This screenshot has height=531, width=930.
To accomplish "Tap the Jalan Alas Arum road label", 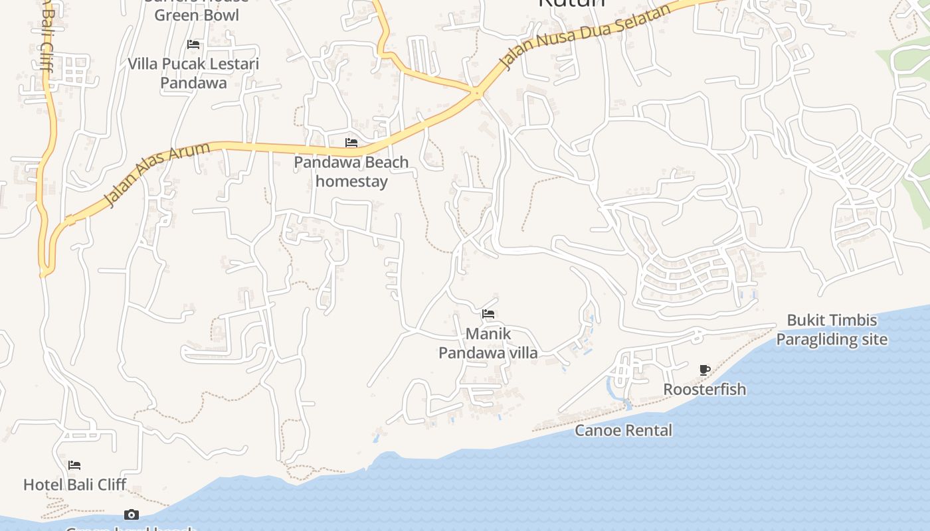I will point(157,174).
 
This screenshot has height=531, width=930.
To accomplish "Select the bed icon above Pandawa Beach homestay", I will point(351,143).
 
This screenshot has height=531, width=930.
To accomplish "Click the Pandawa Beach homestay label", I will point(351,171).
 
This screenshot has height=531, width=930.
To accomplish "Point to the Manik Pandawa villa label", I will point(488,343).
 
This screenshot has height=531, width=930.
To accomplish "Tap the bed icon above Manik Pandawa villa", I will point(488,314).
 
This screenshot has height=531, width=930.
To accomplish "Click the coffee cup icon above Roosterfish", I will point(705,370).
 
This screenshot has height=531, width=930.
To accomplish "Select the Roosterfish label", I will point(705,390).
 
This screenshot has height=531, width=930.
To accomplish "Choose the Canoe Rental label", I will point(623,431).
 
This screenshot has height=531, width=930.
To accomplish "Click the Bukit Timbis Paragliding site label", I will point(832,330).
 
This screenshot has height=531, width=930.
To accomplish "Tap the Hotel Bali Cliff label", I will point(74,485).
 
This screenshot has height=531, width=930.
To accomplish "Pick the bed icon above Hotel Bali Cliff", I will point(74,465).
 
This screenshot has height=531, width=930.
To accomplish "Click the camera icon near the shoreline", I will point(132,514).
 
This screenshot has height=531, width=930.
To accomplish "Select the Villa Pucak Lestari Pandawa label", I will point(193,73).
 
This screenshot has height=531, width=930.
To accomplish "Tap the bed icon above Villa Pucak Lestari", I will point(193,44).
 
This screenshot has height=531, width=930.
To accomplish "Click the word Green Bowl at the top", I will point(197,15).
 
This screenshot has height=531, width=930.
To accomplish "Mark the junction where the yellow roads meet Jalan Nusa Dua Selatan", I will point(476,93).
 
